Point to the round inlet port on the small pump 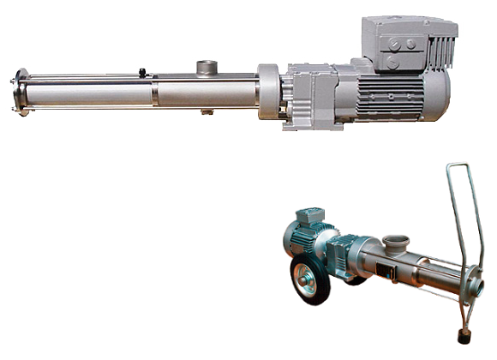[397, 242]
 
